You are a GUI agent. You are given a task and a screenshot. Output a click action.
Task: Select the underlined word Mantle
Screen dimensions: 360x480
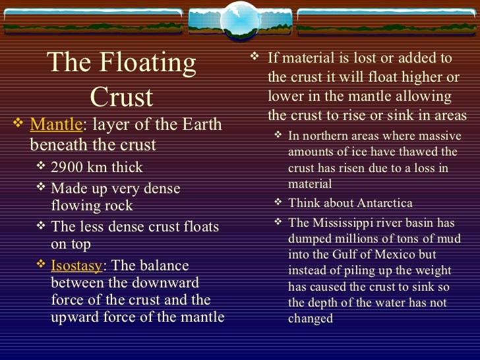(56, 124)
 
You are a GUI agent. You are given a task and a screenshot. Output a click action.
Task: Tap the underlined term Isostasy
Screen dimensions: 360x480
(76, 266)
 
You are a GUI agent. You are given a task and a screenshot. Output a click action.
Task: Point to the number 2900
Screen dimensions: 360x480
(69, 167)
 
